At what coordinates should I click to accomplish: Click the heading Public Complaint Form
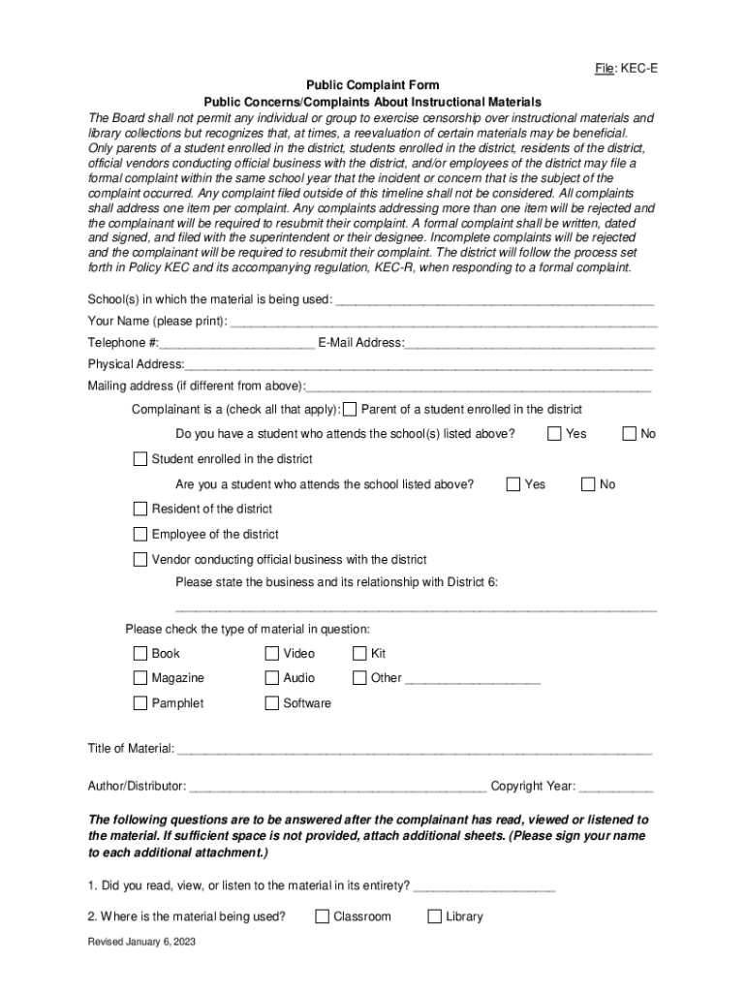372,85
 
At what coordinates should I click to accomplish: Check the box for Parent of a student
351,409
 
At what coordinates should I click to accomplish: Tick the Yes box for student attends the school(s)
555,433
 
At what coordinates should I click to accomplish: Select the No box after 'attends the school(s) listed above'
629,433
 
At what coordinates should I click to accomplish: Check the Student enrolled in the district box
140,458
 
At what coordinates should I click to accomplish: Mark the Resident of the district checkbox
140,509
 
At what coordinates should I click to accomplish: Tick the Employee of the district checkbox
140,534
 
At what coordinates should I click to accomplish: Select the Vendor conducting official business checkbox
140,559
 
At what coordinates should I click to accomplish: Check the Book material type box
140,653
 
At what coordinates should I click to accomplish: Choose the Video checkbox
272,653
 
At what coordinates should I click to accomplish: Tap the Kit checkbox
359,653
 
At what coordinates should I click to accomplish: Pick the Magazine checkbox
140,678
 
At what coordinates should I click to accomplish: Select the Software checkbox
272,703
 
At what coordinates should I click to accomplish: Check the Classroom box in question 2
322,916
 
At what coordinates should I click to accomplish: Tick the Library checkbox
434,916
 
